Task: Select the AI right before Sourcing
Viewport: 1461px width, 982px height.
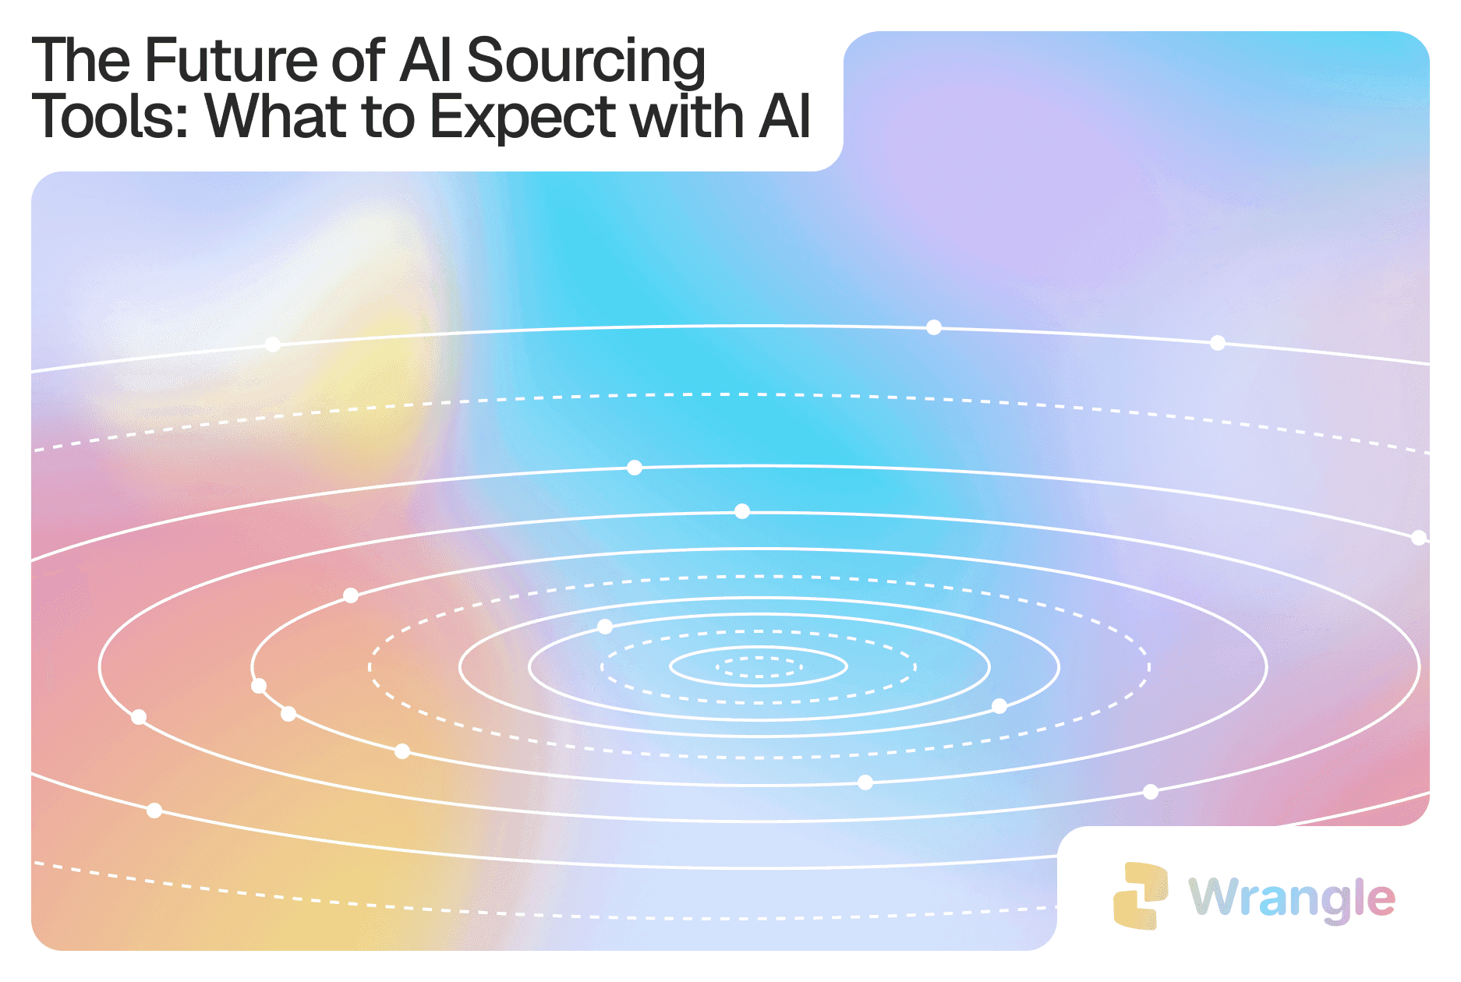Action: pyautogui.click(x=426, y=60)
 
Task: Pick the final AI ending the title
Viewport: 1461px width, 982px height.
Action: pyautogui.click(x=784, y=117)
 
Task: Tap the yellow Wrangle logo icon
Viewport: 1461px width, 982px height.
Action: pyautogui.click(x=1141, y=896)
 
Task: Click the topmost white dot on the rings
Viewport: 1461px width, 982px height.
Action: pyautogui.click(x=934, y=327)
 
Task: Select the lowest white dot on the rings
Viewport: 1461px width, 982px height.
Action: pyautogui.click(x=154, y=811)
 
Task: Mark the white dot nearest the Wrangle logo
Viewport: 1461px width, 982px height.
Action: pyautogui.click(x=1151, y=792)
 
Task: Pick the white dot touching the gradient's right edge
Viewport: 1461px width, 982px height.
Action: pyautogui.click(x=1420, y=537)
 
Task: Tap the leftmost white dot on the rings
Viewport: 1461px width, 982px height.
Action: pyautogui.click(x=139, y=717)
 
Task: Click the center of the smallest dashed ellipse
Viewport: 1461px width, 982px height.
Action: pyautogui.click(x=759, y=667)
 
